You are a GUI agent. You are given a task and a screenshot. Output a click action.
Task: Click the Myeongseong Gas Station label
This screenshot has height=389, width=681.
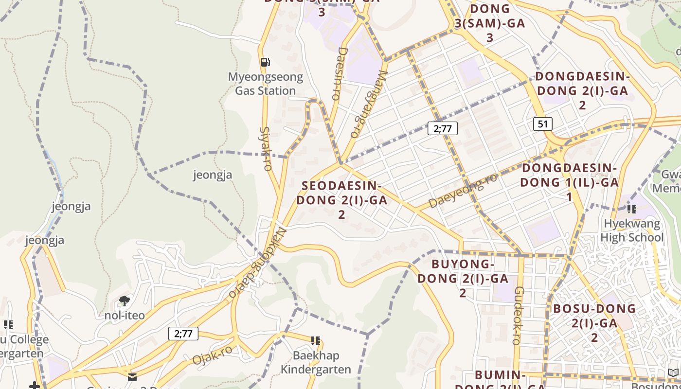[265, 84]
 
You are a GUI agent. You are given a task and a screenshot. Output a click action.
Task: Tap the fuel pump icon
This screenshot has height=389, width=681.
[265, 62]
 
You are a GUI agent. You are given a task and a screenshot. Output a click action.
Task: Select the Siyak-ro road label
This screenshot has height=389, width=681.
[266, 149]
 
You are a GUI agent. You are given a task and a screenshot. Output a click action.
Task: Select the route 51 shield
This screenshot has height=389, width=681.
[543, 124]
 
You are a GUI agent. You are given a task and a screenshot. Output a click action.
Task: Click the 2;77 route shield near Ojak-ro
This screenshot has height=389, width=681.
[183, 334]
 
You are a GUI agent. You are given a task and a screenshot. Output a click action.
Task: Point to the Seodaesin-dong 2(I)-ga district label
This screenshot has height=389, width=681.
[341, 200]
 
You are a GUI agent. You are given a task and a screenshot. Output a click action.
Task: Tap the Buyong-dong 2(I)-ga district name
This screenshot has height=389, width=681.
[463, 279]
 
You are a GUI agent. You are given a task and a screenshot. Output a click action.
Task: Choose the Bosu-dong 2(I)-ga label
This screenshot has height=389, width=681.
[594, 323]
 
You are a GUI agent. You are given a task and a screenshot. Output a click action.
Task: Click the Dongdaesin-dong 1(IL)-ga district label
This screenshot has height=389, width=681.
[569, 182]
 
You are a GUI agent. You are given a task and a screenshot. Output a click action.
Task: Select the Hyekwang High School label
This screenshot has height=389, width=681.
[632, 230]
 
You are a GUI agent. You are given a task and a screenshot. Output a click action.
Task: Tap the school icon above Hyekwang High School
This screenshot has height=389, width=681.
[631, 209]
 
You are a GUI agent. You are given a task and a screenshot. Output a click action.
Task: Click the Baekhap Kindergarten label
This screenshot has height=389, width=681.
[316, 362]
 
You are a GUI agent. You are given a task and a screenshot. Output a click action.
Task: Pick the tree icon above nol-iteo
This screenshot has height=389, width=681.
[125, 301]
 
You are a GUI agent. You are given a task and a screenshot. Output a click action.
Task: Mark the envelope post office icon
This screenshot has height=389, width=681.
[132, 377]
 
